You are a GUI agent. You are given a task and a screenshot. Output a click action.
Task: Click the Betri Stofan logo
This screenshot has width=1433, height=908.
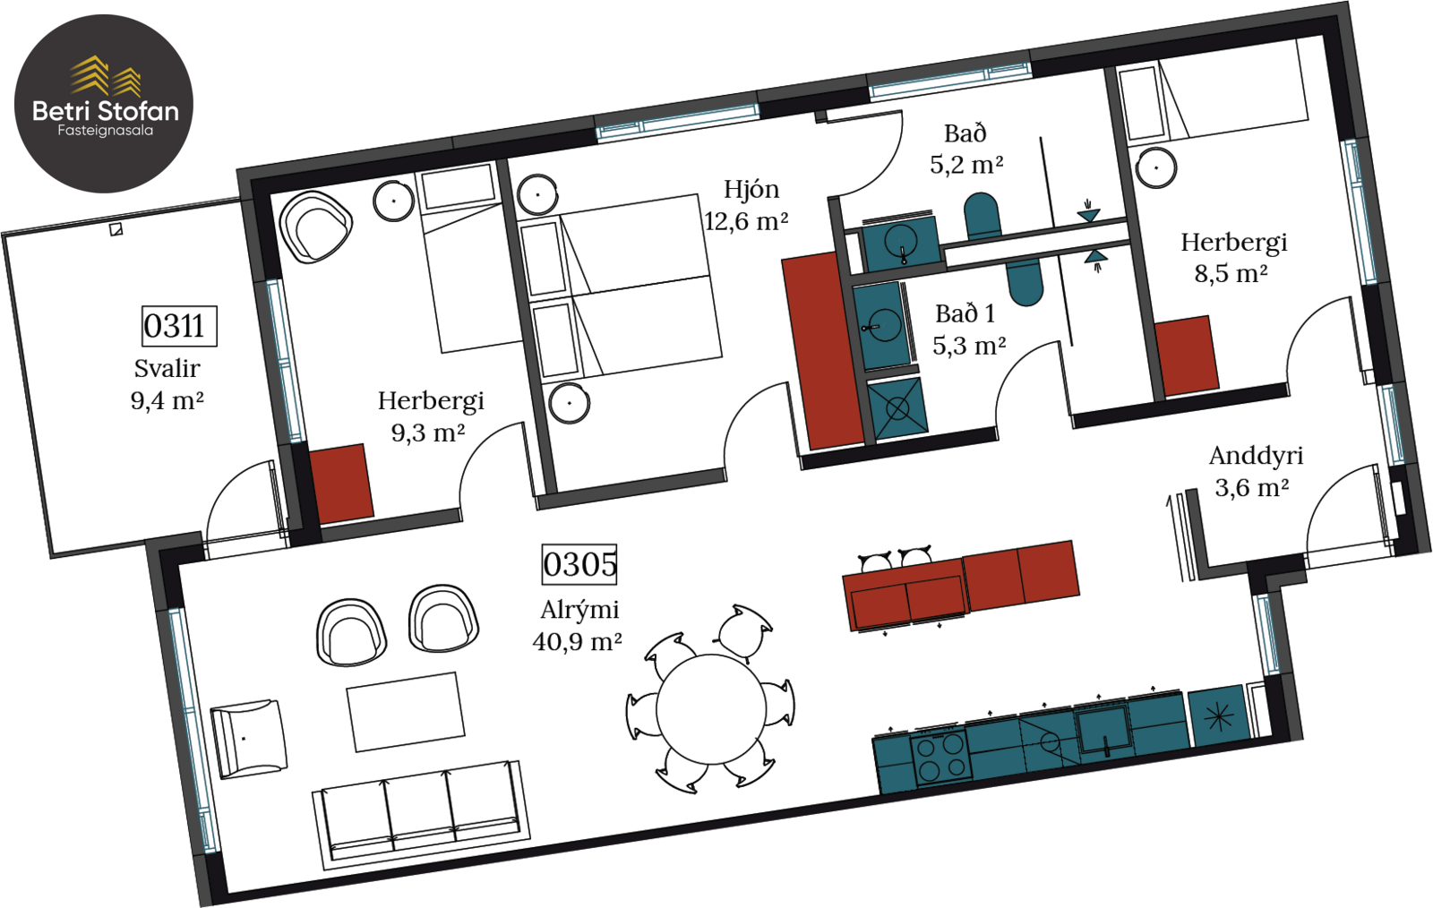click(x=104, y=104)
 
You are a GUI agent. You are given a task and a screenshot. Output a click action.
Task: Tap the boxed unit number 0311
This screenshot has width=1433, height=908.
click(x=179, y=326)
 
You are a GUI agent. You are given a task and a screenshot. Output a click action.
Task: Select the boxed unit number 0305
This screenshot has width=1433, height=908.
click(x=579, y=565)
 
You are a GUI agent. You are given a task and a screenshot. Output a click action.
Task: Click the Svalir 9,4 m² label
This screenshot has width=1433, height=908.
click(x=167, y=384)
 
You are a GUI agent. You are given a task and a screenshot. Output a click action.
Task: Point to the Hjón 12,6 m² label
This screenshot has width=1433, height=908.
click(x=747, y=205)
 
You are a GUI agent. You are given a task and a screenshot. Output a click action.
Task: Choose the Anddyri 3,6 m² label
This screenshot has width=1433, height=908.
click(x=1255, y=472)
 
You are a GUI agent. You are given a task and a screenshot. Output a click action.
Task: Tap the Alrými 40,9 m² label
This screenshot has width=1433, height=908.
click(x=578, y=625)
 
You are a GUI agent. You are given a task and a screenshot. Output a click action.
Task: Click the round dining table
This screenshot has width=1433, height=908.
click(x=711, y=708)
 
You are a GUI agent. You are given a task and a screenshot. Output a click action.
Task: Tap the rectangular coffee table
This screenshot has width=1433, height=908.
click(x=407, y=712)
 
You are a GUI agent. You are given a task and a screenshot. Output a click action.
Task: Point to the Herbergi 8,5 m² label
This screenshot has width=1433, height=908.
click(x=1232, y=258)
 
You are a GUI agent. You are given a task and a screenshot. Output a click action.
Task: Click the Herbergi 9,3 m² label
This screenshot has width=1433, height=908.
click(x=430, y=416)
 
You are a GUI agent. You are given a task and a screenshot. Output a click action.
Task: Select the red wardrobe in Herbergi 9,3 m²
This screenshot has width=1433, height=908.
click(x=341, y=484)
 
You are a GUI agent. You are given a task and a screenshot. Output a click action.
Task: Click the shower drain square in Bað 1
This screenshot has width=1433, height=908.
click(x=897, y=408)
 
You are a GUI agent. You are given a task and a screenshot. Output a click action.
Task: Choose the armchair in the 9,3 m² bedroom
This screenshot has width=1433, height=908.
click(x=315, y=227)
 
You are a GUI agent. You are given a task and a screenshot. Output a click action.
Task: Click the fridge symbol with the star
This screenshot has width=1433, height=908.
click(x=1219, y=717)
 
